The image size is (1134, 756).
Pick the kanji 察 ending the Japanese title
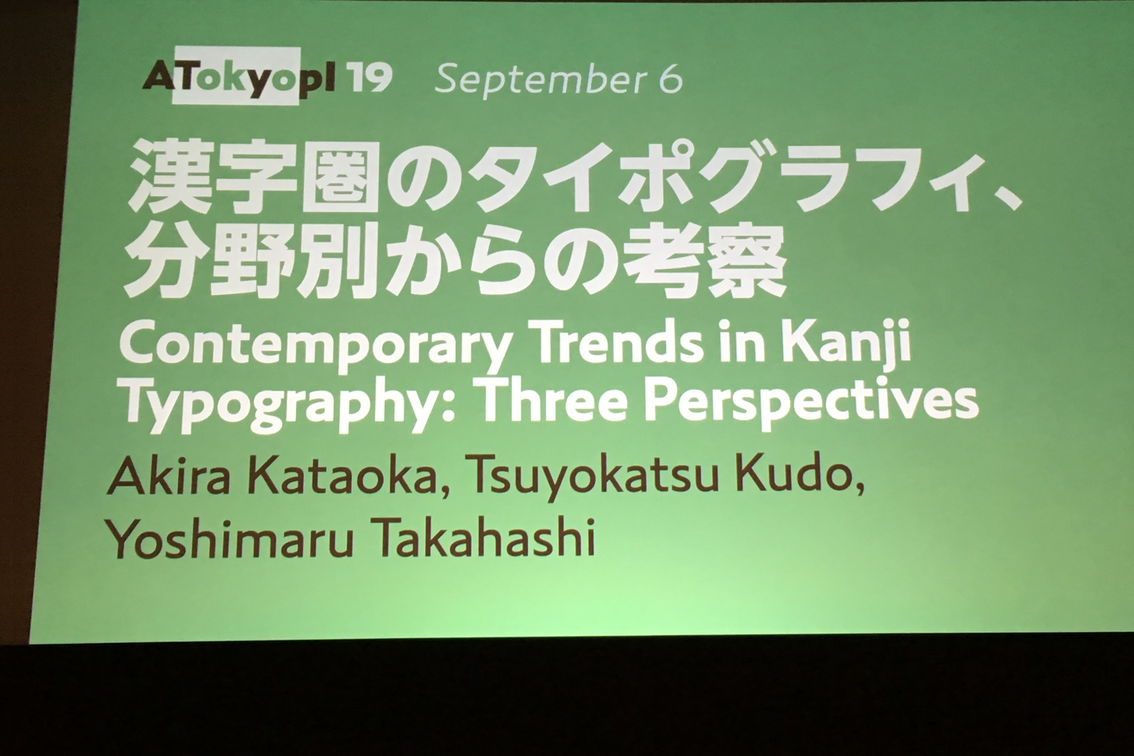743,263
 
